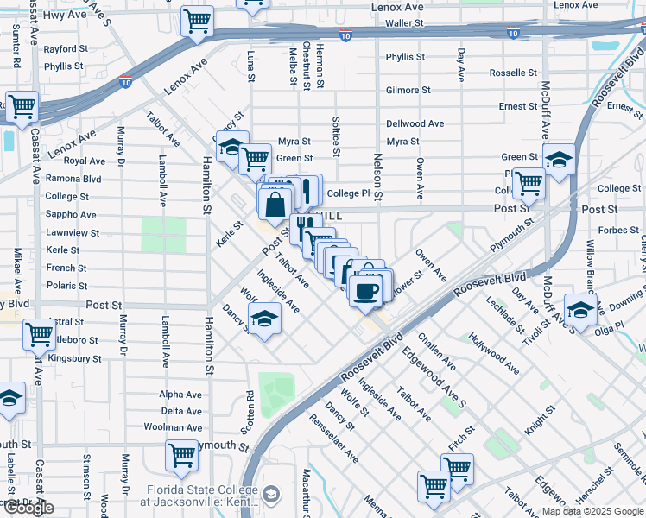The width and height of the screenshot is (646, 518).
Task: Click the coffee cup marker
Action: tap(367, 289)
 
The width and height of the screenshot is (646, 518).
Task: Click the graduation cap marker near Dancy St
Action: tap(264, 320)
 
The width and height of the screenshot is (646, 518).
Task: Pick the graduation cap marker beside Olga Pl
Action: tap(580, 310)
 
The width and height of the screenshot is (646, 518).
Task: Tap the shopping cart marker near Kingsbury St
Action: tap(40, 334)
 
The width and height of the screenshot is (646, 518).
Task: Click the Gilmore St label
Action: tap(408, 90)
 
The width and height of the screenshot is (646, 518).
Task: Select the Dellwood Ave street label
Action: tap(415, 123)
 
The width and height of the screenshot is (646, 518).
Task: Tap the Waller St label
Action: tap(408, 23)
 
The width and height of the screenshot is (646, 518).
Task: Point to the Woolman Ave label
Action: tap(174, 427)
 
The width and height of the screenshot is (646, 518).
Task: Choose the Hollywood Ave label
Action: tap(494, 353)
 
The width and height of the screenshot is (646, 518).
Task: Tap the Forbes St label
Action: tap(617, 230)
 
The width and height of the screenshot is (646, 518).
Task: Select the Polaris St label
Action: tap(66, 284)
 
